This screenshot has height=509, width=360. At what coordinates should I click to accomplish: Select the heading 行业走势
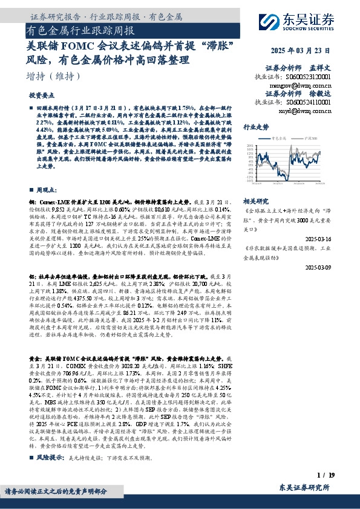coord(255,128)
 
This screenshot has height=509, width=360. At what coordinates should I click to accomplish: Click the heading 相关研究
coord(255,200)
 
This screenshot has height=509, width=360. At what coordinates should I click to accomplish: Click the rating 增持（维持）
coord(54,76)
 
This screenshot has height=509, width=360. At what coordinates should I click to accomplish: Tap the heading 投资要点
coord(41,96)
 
